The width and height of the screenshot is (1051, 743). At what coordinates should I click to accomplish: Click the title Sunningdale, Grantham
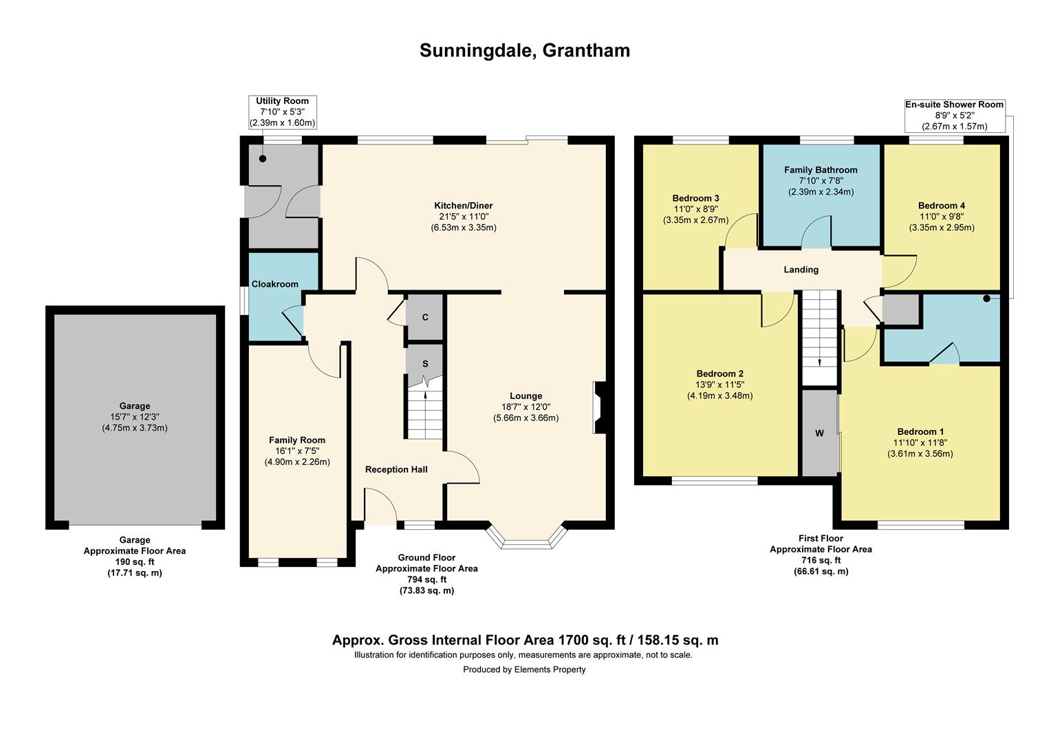click(525, 51)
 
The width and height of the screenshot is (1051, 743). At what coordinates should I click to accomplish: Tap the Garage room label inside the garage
click(134, 406)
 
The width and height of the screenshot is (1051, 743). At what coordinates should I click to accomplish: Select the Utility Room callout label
click(283, 101)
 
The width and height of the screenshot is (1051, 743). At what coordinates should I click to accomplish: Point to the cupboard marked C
click(425, 317)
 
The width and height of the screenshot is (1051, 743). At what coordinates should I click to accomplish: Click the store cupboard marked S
click(425, 363)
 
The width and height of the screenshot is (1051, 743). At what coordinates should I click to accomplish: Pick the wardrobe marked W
click(819, 433)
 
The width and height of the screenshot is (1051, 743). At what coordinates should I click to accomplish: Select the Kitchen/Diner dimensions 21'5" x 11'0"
click(463, 217)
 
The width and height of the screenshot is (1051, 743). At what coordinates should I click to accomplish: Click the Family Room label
click(297, 440)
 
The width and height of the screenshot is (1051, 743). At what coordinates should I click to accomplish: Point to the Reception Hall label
click(396, 469)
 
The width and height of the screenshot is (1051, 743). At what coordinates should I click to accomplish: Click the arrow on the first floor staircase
click(820, 363)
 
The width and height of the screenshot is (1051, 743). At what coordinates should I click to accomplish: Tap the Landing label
click(801, 270)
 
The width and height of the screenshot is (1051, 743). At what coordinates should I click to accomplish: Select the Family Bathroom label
click(821, 170)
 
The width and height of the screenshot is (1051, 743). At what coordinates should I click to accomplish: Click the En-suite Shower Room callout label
click(954, 105)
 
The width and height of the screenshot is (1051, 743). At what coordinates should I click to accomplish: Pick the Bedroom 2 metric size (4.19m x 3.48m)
click(719, 396)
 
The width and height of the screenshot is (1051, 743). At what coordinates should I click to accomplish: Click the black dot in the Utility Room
click(263, 159)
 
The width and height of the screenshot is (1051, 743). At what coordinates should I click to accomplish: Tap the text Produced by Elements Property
click(524, 669)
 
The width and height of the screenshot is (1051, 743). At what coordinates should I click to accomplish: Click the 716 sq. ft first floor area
click(821, 561)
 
